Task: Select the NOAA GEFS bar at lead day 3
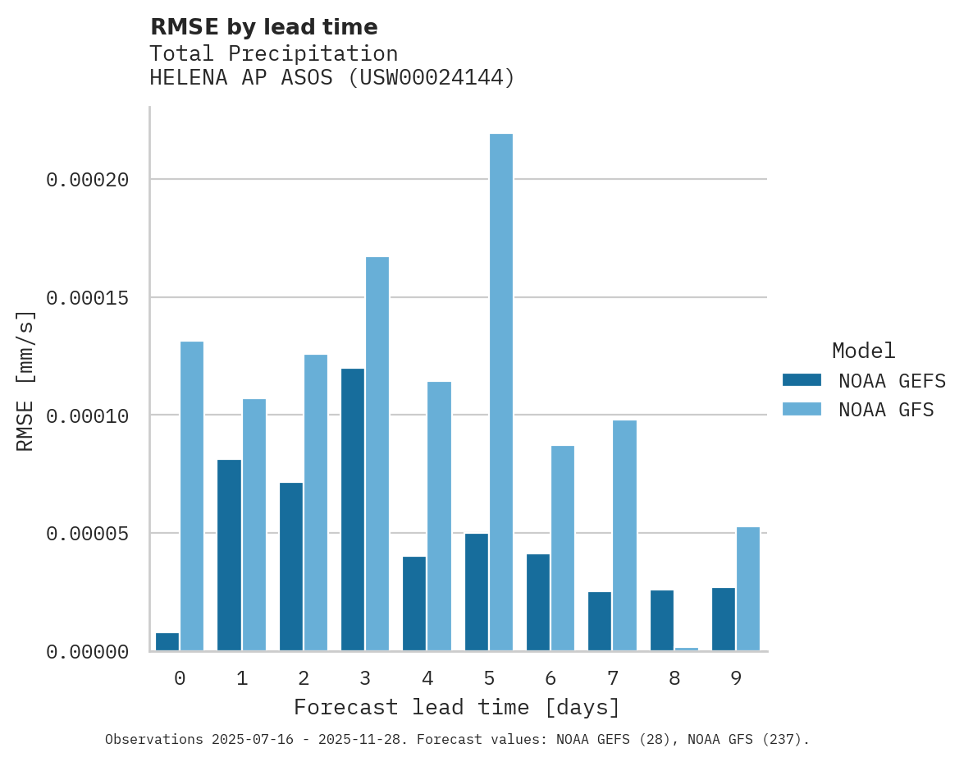353,510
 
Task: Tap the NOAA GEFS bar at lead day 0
167,642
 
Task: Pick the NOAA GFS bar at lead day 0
192,496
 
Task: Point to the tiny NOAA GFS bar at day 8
687,650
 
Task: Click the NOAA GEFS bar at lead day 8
662,621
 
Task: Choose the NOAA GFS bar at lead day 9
748,589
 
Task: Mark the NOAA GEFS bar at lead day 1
229,555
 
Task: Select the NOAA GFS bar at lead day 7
624,535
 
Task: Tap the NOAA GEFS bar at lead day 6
538,603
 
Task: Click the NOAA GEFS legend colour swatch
802,380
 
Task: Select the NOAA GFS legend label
886,409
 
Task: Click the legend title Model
863,351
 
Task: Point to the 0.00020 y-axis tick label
88,179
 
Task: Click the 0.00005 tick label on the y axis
88,534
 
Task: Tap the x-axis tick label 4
427,679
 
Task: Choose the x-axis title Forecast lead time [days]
457,707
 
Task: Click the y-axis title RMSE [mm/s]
25,380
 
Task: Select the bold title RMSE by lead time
263,27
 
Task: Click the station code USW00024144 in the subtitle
432,78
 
